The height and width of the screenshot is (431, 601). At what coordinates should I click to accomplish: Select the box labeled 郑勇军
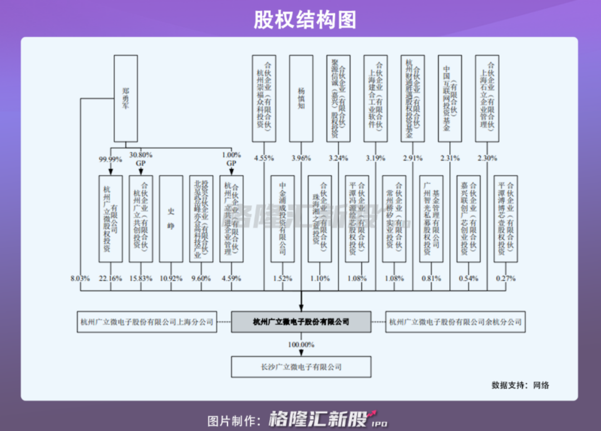tap(125, 98)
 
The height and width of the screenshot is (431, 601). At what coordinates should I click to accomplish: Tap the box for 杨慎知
tap(301, 98)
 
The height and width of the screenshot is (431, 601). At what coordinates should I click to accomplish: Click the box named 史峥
tap(171, 219)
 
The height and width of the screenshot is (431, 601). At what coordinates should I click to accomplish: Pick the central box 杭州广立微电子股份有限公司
tap(301, 322)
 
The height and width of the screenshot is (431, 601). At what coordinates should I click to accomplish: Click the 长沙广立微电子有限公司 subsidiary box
tap(301, 367)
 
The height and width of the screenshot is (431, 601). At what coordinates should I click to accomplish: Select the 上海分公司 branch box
tap(147, 322)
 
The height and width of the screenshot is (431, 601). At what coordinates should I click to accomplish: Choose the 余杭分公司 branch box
tap(455, 322)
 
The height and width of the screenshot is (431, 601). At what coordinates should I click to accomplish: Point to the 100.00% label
tap(301, 345)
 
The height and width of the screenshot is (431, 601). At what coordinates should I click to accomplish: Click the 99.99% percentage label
tap(110, 158)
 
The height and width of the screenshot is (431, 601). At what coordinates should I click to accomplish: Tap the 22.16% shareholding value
tap(110, 278)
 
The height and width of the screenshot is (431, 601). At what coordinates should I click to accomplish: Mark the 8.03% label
tap(80, 278)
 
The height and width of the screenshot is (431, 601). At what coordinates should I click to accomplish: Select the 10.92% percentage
tap(171, 278)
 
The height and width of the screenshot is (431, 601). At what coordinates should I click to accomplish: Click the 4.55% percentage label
tap(264, 158)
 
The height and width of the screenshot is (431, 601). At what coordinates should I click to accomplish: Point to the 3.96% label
tap(301, 158)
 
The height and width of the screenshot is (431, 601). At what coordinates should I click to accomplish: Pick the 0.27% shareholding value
tap(505, 278)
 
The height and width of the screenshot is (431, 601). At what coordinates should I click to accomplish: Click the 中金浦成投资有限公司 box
tap(282, 219)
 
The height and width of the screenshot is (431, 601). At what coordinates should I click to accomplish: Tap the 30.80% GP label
tap(141, 158)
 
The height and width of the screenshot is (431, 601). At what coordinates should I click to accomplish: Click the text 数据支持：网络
tap(520, 385)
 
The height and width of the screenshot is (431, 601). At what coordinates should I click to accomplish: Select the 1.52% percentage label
tap(282, 278)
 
